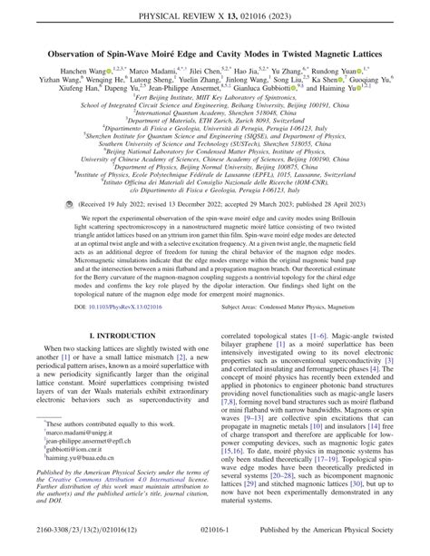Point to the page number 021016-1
point(214,542)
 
